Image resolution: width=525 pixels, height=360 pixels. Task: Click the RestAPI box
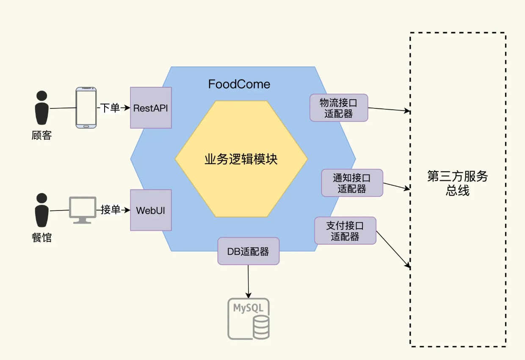[151, 108]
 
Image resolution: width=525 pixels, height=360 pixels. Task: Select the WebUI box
[151, 210]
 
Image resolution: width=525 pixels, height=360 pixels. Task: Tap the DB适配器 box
[248, 251]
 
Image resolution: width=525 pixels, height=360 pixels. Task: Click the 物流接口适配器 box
[339, 108]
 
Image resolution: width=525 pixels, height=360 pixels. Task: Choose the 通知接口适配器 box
[352, 183]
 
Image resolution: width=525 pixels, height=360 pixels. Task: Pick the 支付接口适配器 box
[345, 231]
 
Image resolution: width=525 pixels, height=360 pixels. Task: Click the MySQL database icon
[249, 318]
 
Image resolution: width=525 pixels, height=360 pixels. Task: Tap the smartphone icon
[86, 108]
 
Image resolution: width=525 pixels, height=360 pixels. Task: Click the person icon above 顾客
[41, 108]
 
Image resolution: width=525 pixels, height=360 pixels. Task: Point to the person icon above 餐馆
[41, 210]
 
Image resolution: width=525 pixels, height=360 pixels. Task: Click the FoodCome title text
[239, 84]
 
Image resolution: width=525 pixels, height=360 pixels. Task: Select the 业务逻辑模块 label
[241, 160]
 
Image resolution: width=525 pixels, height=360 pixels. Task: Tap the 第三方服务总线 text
[458, 183]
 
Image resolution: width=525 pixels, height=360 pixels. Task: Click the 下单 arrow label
[110, 108]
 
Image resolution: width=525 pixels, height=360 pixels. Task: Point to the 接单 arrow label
[110, 210]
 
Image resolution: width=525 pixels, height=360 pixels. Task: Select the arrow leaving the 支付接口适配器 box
[393, 249]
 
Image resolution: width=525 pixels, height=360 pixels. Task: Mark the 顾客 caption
[41, 136]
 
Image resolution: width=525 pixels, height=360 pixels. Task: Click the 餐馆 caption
[41, 238]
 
